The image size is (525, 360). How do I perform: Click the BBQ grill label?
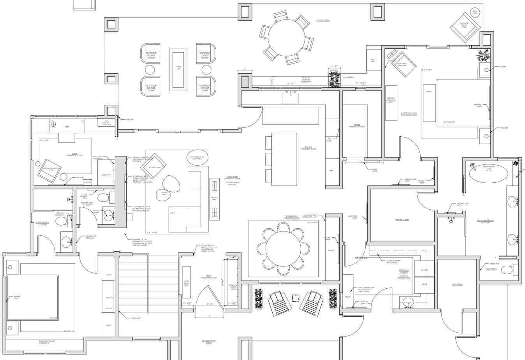(373, 61)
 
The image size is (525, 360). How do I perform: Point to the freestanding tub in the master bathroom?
(488, 171)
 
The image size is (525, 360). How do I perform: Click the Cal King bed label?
(449, 122)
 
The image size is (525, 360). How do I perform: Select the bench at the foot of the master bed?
(429, 103)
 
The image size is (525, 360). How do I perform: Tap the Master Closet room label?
(402, 220)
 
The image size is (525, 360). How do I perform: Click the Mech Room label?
(457, 284)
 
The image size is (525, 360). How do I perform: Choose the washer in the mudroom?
(424, 270)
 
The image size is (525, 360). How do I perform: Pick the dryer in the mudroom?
(424, 284)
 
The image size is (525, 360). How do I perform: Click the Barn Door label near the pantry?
(375, 170)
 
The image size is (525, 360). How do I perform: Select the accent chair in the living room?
(155, 168)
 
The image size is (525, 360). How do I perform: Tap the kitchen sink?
(290, 98)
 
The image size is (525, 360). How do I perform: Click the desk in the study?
(67, 127)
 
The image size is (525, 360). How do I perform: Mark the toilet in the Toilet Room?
(507, 270)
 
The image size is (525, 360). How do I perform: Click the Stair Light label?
(136, 318)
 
